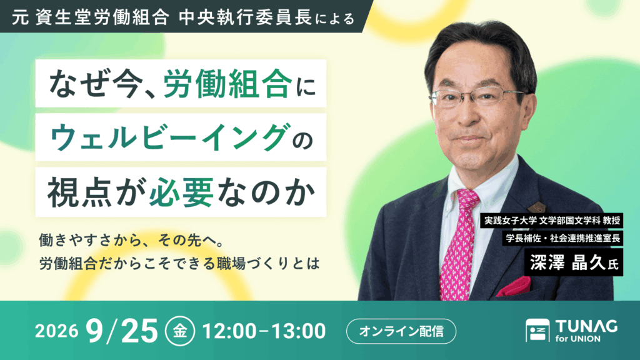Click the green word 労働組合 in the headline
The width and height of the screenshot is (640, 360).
point(227,84)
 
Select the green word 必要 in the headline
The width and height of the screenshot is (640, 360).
point(181,192)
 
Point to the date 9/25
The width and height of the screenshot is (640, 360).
point(122,331)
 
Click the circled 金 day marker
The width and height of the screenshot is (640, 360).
point(180,331)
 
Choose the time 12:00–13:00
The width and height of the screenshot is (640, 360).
point(264,331)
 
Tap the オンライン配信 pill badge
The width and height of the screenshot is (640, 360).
point(401,331)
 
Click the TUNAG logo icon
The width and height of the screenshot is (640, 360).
point(537,330)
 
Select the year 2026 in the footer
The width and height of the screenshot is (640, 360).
point(56,331)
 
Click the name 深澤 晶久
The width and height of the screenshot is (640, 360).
point(567,262)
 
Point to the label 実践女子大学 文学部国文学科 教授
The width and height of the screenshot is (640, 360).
point(552,221)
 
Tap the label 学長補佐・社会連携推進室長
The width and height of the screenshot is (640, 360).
point(563,238)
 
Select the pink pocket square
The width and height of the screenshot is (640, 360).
point(514,286)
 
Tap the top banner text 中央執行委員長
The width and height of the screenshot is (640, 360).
point(245,17)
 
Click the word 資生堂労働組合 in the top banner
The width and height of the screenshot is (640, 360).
point(102,17)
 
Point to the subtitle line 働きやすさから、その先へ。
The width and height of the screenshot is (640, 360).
point(131,241)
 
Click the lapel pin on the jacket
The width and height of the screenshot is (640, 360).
point(536,207)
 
